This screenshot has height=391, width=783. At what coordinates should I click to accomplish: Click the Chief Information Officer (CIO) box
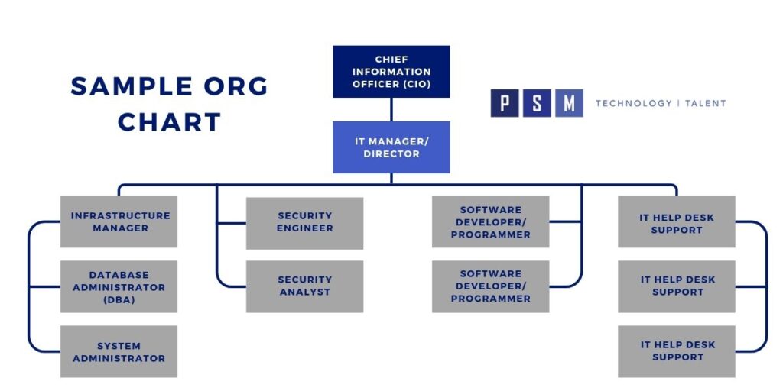[391, 71]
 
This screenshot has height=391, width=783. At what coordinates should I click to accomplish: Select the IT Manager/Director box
[391, 147]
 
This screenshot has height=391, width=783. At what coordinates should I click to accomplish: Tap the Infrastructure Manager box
[119, 221]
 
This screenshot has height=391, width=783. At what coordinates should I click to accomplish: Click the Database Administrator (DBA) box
[119, 287]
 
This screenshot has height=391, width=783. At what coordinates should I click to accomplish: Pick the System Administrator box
[119, 351]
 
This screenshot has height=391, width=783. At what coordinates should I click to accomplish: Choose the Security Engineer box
[304, 222]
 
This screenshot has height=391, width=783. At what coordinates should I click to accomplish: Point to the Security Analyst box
[304, 286]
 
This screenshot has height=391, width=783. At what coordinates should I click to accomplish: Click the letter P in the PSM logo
[505, 103]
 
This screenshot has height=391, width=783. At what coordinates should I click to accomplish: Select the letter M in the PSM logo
[569, 103]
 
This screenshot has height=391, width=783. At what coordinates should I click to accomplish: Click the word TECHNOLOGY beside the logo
[632, 103]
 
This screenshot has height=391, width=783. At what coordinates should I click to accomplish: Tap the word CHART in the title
[170, 121]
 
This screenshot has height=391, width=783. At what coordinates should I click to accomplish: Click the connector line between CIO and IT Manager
[391, 109]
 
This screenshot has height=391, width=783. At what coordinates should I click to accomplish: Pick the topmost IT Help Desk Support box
[677, 222]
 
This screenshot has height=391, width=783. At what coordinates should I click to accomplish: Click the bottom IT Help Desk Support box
[677, 351]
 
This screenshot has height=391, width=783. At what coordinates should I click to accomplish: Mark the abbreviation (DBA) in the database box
[119, 299]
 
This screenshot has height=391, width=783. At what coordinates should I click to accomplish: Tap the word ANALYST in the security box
[304, 292]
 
